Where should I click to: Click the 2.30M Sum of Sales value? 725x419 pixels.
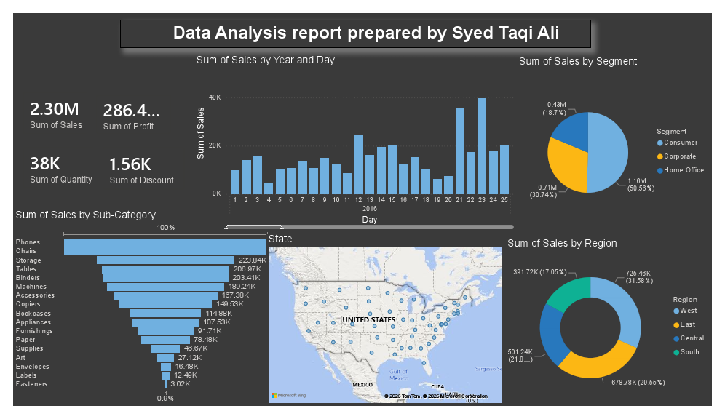coord(55,109)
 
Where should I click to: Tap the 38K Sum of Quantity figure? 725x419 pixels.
coord(45,164)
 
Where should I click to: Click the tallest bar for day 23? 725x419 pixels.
coord(482,145)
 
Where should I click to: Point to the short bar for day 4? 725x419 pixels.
coord(269,188)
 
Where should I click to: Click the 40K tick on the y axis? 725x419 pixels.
coord(215,97)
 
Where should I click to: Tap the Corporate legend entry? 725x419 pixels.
coord(679,156)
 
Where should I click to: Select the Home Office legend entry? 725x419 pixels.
coord(683,170)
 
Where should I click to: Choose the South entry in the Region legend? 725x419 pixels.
coord(689,353)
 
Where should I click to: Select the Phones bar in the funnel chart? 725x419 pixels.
coord(165,243)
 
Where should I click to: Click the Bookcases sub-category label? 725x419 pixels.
coord(33,313)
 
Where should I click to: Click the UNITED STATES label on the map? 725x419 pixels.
coord(369,320)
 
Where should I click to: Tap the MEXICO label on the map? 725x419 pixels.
coord(362,384)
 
